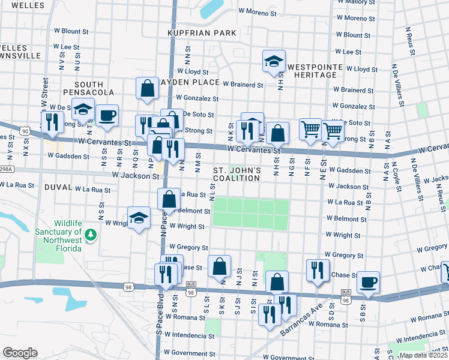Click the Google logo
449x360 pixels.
(x=20, y=353)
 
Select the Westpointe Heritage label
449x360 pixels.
(x=315, y=71)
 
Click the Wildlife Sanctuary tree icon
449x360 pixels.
(x=91, y=234)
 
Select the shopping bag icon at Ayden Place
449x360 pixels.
(x=147, y=89)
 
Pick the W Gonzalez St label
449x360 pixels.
(x=196, y=98)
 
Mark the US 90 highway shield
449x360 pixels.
(x=25, y=130)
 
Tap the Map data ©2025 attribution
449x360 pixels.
(x=424, y=355)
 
